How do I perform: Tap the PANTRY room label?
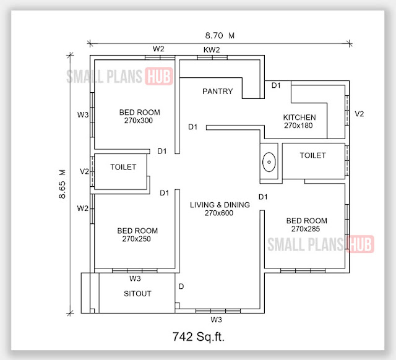coord(217,92)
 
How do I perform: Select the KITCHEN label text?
coord(299,118)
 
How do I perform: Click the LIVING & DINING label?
coord(220,205)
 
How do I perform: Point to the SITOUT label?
coord(137,293)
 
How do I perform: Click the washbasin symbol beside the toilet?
coord(269,163)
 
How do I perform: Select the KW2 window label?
coord(212,49)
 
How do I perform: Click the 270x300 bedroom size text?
coord(139,121)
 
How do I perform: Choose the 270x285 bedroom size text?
coord(306,229)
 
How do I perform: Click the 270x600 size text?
coord(220,213)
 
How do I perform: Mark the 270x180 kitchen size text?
coord(299,126)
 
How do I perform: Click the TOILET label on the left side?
coord(123,167)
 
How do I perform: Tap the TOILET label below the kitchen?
coord(312,155)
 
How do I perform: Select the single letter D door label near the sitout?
coord(181,286)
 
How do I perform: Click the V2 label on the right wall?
coord(359,114)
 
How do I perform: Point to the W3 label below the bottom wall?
coord(216,320)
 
